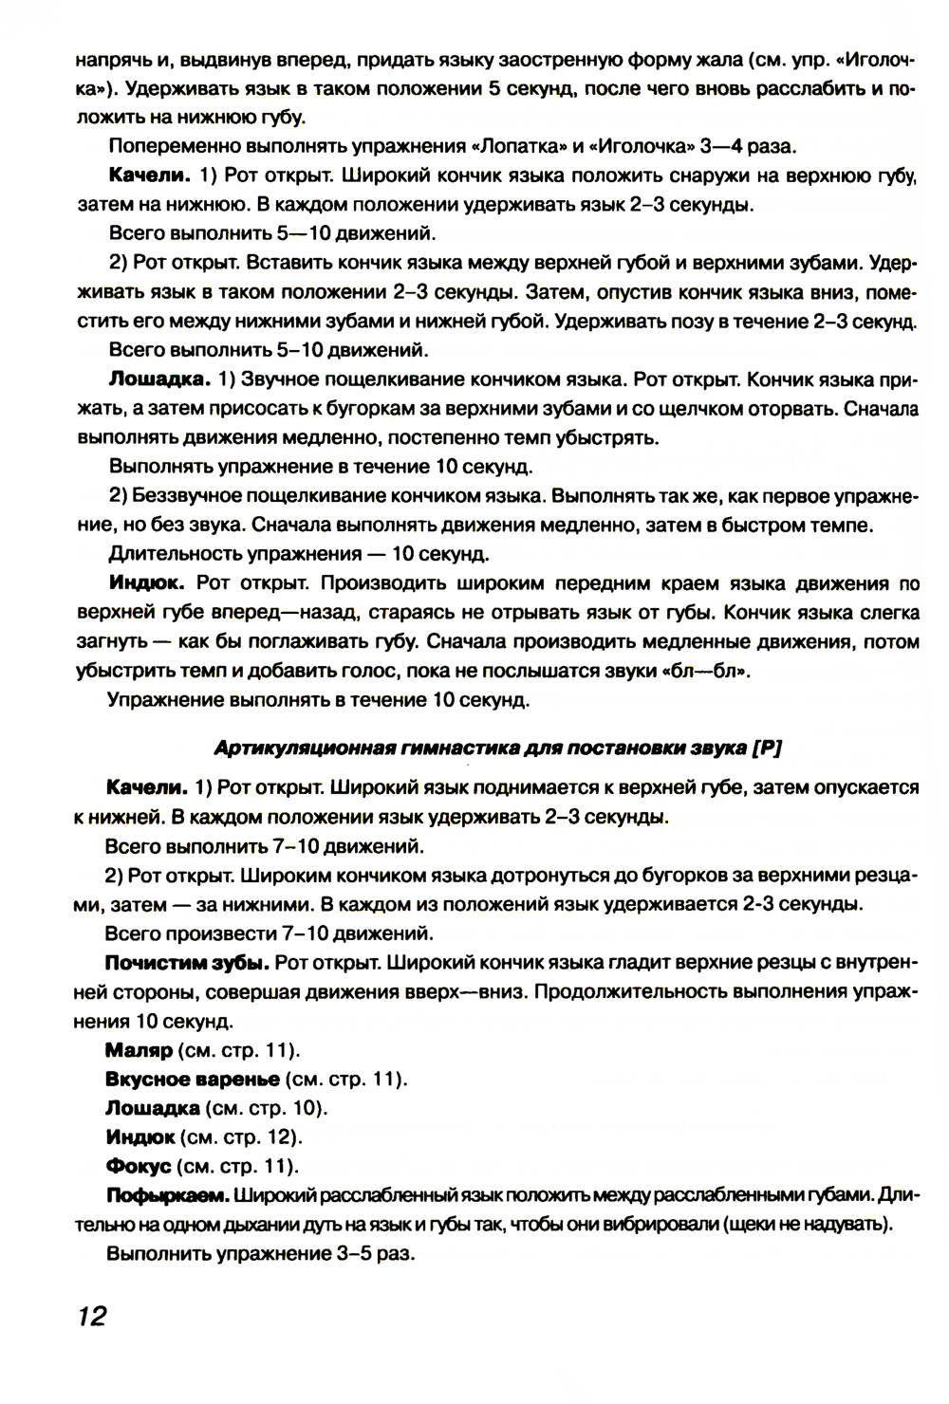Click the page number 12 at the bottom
pos(86,1317)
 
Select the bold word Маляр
pos(139,1050)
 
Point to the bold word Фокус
pos(139,1165)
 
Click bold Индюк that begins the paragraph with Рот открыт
pos(141,582)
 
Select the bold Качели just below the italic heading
pos(145,787)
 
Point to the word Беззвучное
pos(194,495)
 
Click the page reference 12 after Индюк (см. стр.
pos(277,1136)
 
